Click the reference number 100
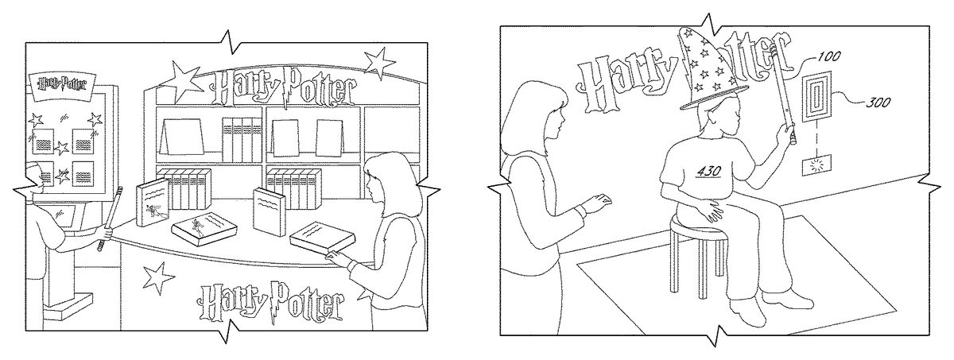(x=828, y=56)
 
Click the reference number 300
(x=878, y=103)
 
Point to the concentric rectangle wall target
(x=816, y=98)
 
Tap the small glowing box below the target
(x=817, y=167)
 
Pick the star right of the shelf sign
(x=379, y=64)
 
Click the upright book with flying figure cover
(x=153, y=203)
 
